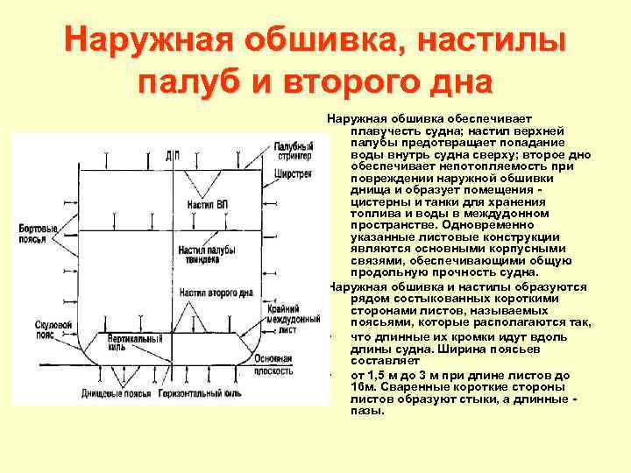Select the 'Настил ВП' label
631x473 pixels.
[207, 204]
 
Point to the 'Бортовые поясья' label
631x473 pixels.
[38, 233]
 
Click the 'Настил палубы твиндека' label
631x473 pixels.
[209, 254]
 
